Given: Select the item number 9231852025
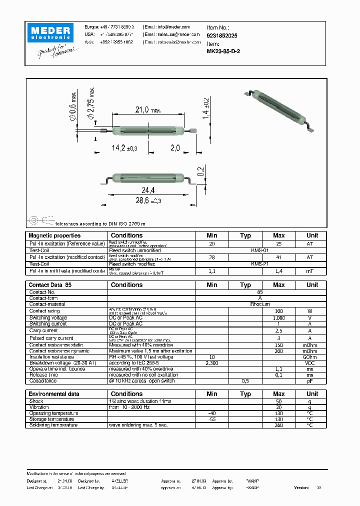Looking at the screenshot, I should [x=222, y=36].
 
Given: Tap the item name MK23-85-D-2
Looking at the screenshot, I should [x=223, y=51].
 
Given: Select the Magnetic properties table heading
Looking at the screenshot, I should [x=54, y=235].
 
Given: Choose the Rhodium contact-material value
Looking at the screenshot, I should [x=260, y=304].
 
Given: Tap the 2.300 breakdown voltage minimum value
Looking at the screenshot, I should [x=212, y=363].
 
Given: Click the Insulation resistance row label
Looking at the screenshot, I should [x=51, y=357].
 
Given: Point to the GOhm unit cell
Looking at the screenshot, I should [x=310, y=357].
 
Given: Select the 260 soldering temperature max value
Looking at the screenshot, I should [x=278, y=425].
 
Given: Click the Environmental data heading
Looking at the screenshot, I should [x=54, y=394].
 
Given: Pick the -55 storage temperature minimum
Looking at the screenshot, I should [x=212, y=419].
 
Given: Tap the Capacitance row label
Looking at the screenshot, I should [x=43, y=381].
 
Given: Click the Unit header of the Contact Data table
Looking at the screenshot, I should [x=312, y=285].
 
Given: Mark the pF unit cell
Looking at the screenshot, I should [x=310, y=381].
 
